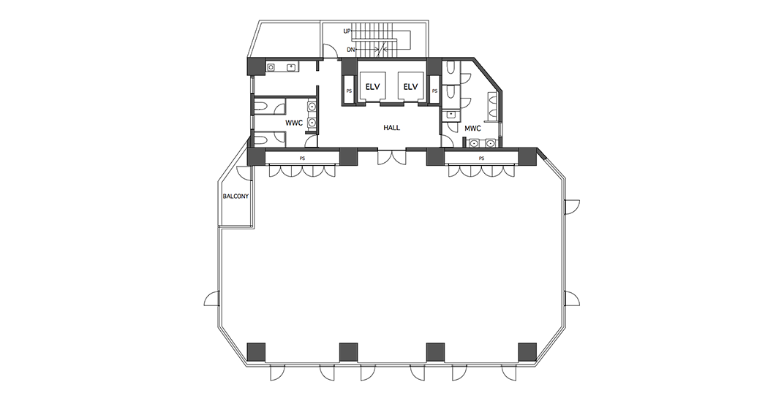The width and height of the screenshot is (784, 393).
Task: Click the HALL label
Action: coord(391,127)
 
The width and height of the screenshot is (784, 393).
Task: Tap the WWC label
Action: coord(294,123)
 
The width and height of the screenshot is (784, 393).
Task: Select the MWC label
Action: coord(472,129)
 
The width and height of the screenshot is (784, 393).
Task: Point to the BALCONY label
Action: coord(235,196)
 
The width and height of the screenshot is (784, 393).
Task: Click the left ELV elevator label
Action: coord(372,87)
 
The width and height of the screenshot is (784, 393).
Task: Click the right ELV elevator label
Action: coord(410,87)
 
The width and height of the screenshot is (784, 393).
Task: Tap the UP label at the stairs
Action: coord(347,31)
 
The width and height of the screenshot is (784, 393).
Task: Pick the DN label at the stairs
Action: coord(350,50)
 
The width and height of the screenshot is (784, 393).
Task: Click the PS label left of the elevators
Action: coord(349,91)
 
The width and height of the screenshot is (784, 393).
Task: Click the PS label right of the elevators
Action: coord(434,91)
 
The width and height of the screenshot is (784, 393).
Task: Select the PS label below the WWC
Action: coord(302,158)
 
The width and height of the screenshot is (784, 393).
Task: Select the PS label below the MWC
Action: coord(481,158)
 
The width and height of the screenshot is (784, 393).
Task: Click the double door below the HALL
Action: coord(392,157)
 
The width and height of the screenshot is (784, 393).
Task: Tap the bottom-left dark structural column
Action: coord(257,352)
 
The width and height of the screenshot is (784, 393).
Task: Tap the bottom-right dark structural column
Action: coord(527,352)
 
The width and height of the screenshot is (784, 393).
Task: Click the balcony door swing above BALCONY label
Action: coord(244,173)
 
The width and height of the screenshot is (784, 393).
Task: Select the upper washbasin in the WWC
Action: coord(312,107)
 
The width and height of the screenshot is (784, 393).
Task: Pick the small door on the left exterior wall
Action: coord(211,299)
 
